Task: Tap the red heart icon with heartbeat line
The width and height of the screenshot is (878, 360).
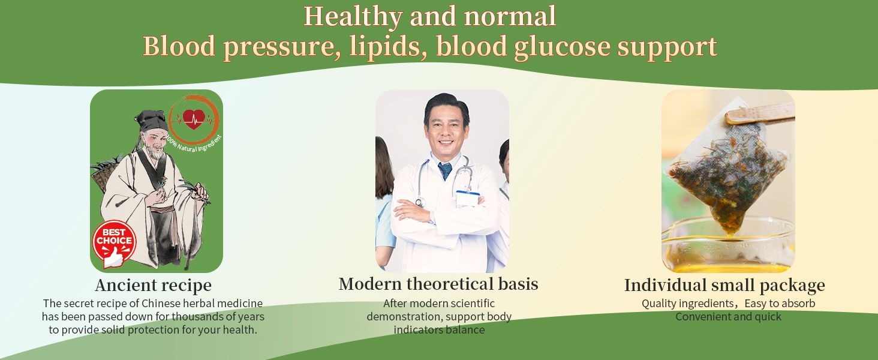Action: (x=194, y=119)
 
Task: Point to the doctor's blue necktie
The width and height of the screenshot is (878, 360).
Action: (x=445, y=170)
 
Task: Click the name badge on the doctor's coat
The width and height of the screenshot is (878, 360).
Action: (x=468, y=199)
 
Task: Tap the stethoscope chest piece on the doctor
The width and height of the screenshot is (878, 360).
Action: (x=420, y=202)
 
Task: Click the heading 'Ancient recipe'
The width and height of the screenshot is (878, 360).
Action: (x=154, y=286)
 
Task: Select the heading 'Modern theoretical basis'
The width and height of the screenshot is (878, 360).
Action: (x=438, y=284)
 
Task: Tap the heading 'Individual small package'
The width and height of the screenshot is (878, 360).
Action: (x=724, y=286)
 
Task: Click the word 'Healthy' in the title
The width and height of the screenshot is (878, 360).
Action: (x=353, y=17)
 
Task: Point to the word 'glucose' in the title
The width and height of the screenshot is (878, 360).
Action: (x=563, y=47)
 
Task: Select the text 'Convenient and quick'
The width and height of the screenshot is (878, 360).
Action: (x=728, y=316)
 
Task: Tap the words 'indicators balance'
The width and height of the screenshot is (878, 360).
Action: (x=439, y=330)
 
